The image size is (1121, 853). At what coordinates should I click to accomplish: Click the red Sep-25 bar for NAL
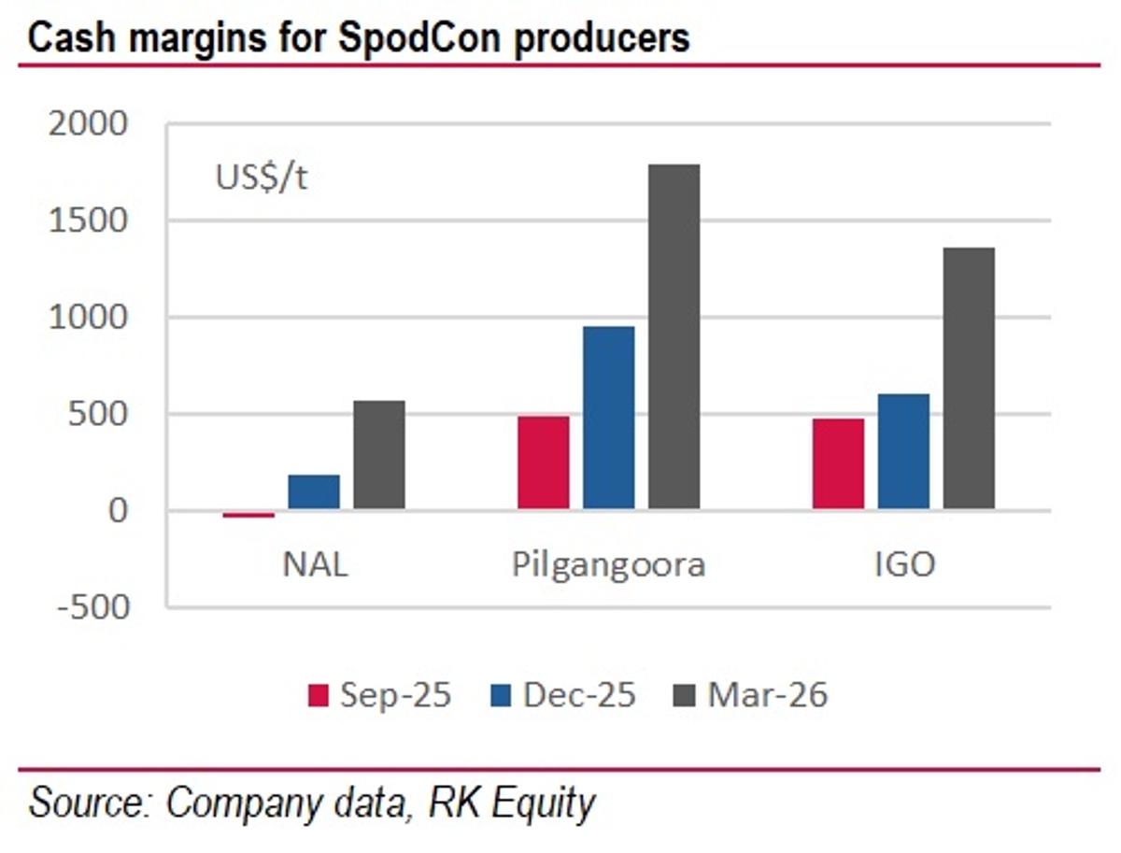[248, 515]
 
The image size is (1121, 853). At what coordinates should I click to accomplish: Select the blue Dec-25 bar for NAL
[314, 492]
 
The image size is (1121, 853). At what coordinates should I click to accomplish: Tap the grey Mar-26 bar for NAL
[379, 456]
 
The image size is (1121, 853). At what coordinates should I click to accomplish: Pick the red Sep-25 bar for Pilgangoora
[543, 463]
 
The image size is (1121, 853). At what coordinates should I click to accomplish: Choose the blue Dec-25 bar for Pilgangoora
[608, 419]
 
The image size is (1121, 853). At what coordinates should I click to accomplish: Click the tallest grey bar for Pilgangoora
[674, 337]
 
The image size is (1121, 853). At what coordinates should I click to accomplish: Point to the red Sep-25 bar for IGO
[838, 464]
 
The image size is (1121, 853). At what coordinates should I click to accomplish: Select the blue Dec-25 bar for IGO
[903, 452]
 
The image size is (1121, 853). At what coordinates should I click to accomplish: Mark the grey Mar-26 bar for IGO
[969, 378]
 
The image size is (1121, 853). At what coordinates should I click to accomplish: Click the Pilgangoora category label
[608, 565]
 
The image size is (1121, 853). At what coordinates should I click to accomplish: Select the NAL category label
[315, 565]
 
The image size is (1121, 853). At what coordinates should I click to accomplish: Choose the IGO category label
[903, 565]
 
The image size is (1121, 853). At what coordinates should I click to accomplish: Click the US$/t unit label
[262, 178]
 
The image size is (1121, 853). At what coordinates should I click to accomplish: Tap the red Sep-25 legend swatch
[319, 696]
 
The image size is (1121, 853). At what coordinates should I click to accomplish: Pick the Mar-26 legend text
[767, 696]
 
